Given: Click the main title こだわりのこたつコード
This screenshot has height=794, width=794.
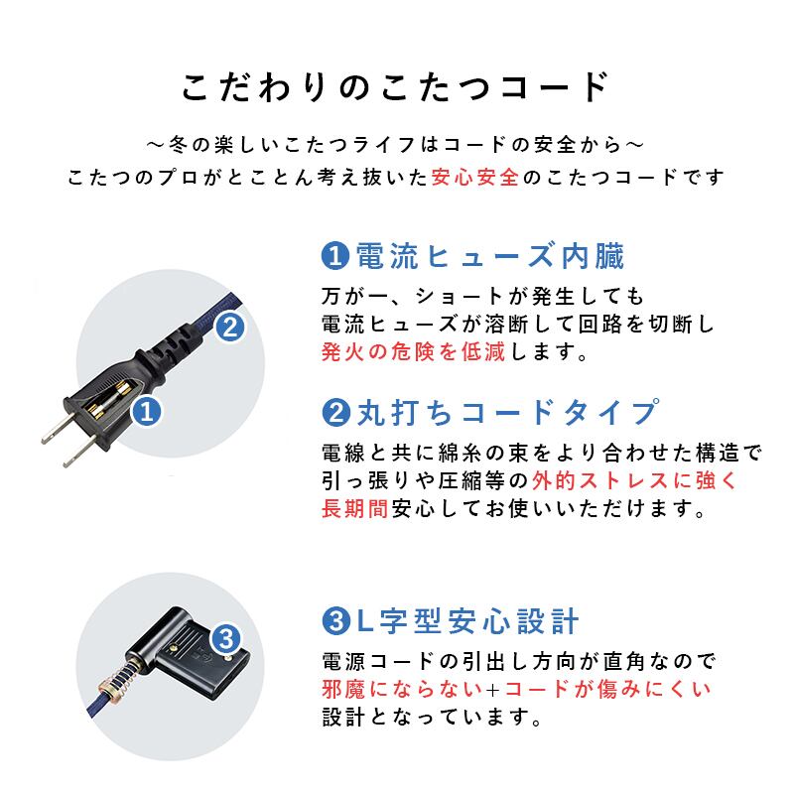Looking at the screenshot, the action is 395,87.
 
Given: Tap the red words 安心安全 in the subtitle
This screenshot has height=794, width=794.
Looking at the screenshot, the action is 475,178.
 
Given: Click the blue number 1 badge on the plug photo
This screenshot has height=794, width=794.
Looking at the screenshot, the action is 146,411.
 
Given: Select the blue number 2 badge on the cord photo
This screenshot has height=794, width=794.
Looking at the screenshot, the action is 230,328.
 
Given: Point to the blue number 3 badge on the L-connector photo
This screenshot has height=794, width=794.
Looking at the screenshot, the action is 226,638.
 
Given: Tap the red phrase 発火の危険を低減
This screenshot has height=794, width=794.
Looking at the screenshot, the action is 413,351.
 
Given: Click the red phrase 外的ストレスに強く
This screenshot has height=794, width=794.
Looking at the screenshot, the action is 634,480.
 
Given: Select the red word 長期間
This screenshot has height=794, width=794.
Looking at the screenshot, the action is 354,508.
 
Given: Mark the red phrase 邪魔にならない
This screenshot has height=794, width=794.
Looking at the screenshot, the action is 402,689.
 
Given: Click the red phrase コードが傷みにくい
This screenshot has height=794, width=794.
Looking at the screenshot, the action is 607,689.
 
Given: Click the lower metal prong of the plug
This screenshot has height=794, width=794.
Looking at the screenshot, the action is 80,452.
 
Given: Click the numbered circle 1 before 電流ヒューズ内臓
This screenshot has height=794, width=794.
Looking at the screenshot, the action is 335,256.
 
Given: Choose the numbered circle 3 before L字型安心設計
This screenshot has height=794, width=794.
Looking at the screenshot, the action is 335,621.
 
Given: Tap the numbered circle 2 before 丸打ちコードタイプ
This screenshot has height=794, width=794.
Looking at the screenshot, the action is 335,412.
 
